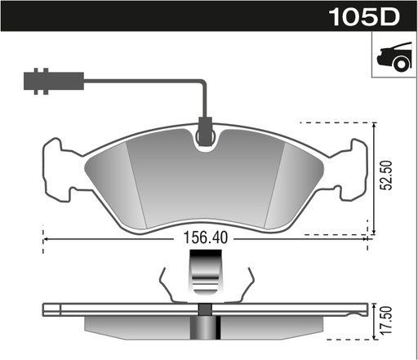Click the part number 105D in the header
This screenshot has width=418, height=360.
coord(364,16)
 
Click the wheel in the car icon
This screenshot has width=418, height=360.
coord(402,64)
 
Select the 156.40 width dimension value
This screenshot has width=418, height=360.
coord(206,238)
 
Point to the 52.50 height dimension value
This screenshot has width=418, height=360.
coord(386,176)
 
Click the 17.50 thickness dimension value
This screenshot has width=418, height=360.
coord(386,320)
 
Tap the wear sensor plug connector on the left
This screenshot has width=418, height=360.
coord(54,81)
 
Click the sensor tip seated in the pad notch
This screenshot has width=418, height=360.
coord(205,131)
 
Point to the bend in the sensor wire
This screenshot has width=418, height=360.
coord(203,82)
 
